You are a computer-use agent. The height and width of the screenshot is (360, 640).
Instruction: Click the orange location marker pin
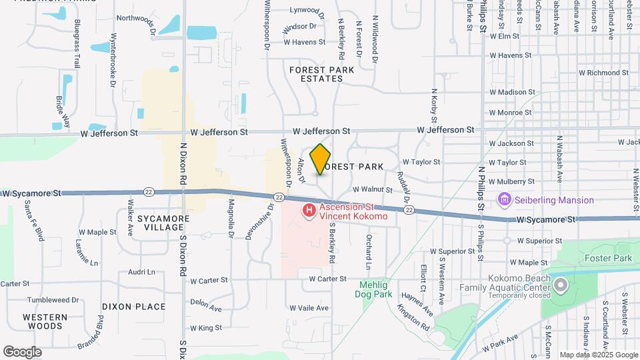[320, 159]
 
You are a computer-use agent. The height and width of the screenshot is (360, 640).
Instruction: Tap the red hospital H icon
[309, 211]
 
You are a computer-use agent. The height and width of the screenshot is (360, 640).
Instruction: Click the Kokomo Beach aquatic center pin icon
[560, 286]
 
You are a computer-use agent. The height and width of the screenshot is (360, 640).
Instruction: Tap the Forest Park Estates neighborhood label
[316, 74]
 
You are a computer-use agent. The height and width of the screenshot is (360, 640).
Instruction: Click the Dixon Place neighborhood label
[133, 307]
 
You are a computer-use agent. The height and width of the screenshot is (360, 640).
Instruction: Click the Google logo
[22, 352]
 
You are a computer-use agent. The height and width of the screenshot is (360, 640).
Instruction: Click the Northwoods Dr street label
[135, 25]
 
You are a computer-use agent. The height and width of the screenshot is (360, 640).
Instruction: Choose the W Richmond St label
[603, 72]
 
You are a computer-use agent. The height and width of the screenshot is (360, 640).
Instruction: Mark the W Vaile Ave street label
[309, 308]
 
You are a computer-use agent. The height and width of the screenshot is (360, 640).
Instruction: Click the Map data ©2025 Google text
[599, 355]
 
